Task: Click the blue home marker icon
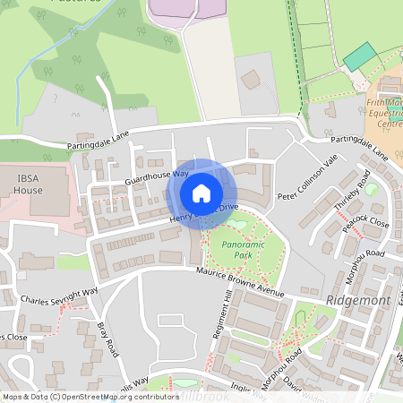[201, 193]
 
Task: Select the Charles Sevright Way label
[59, 296]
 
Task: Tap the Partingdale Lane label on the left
[98, 139]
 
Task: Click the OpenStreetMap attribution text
[90, 396]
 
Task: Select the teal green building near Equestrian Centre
[360, 56]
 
